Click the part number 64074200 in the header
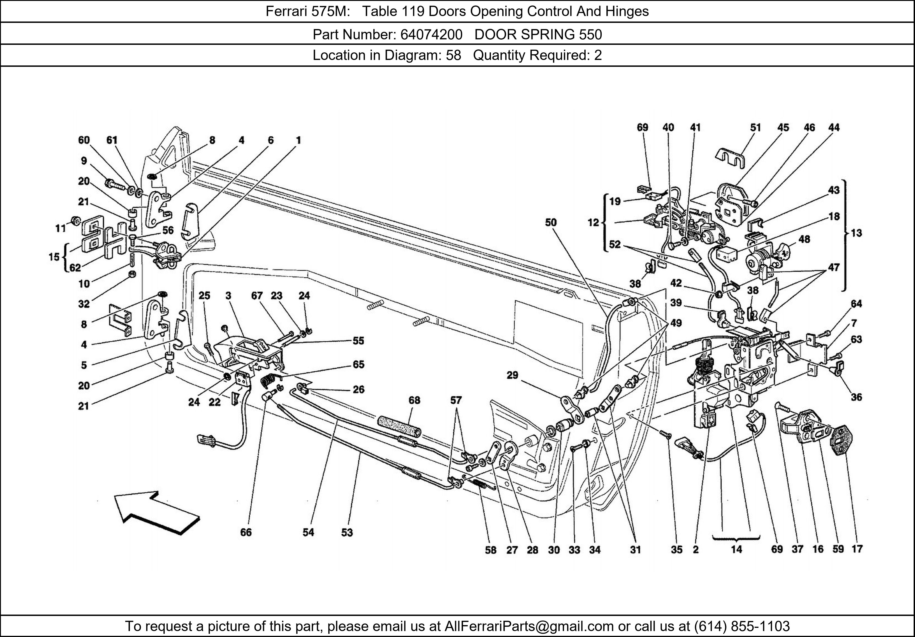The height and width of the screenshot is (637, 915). click(431, 35)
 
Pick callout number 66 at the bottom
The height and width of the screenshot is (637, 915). click(246, 532)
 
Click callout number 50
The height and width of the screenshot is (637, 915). click(551, 222)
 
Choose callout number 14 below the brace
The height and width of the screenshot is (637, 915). click(737, 549)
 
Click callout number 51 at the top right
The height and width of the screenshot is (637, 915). click(755, 127)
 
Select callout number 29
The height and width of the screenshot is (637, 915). click(512, 375)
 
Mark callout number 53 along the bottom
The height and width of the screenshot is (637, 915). click(347, 532)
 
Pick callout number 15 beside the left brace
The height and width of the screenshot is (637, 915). click(54, 257)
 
